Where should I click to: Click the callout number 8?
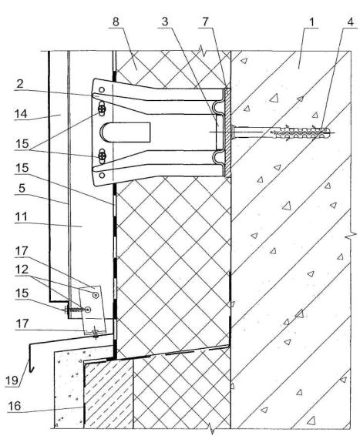116,22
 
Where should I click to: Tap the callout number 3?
165,22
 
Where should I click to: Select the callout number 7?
206,22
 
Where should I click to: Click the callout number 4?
351,22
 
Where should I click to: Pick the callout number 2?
19,84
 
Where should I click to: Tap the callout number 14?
21,114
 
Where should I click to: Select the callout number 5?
22,188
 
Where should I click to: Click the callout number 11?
21,216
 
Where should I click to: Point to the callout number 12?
22,270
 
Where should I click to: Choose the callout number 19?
12,380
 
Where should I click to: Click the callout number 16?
15,406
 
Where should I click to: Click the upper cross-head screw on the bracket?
102,109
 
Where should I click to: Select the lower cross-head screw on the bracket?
102,156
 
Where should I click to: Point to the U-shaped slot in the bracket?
125,132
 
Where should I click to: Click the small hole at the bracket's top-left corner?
102,90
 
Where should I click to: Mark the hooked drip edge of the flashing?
30,357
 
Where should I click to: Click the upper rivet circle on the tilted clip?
96,294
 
